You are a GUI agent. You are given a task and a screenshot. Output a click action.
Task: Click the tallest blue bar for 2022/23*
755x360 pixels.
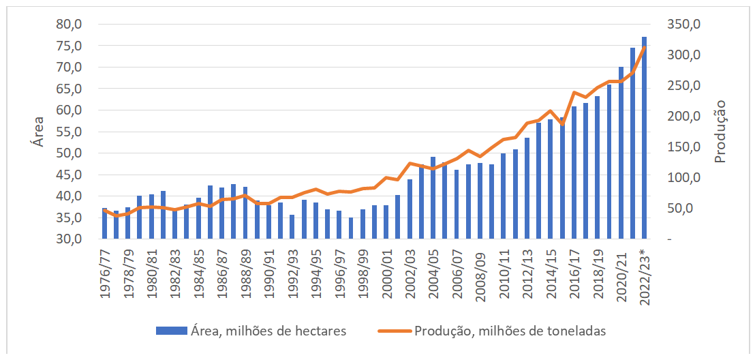click(x=644, y=136)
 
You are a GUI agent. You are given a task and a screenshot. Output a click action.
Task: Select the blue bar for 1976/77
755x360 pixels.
click(x=105, y=224)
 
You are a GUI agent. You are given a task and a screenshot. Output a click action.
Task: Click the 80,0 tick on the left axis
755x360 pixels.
click(x=67, y=25)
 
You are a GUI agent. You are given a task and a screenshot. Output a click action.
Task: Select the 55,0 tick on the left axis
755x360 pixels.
click(x=67, y=132)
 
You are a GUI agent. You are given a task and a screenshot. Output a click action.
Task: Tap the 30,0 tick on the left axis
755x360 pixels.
click(x=67, y=239)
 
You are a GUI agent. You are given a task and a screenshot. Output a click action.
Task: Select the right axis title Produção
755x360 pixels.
click(x=720, y=131)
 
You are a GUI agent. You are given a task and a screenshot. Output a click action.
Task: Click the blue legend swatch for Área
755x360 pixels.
click(x=171, y=331)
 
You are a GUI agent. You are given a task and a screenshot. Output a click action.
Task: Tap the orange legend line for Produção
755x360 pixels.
click(x=395, y=331)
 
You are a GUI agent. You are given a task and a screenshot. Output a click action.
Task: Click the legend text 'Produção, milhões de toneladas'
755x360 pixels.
click(x=510, y=331)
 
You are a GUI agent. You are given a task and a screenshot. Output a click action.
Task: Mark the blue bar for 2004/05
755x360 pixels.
click(x=433, y=198)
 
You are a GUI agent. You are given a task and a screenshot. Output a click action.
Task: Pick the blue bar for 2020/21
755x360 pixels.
click(x=621, y=153)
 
